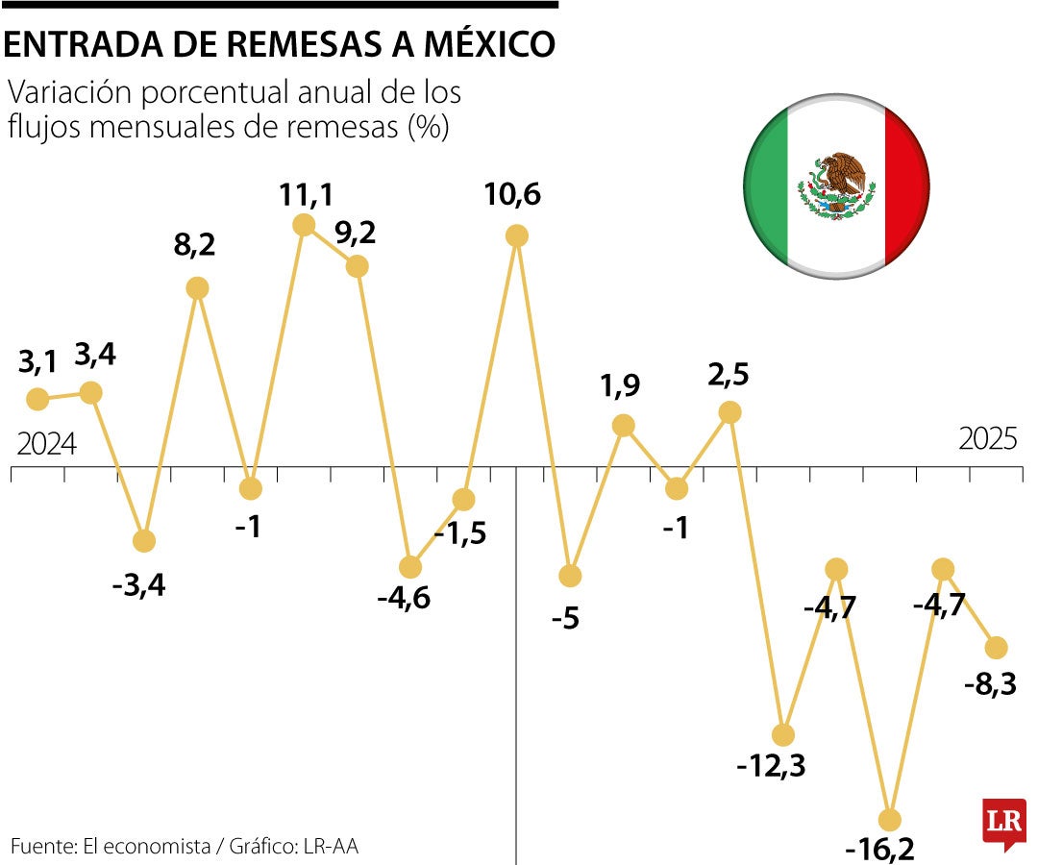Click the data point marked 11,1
[x=304, y=225]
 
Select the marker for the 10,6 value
[x=517, y=235]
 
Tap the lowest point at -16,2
[x=890, y=820]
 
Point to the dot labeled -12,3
[x=783, y=735]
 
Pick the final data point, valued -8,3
[x=997, y=647]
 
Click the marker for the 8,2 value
[x=197, y=287]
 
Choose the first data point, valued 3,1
[x=37, y=398]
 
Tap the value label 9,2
[x=355, y=234]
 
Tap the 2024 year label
[x=47, y=444]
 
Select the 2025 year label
[x=988, y=439]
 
